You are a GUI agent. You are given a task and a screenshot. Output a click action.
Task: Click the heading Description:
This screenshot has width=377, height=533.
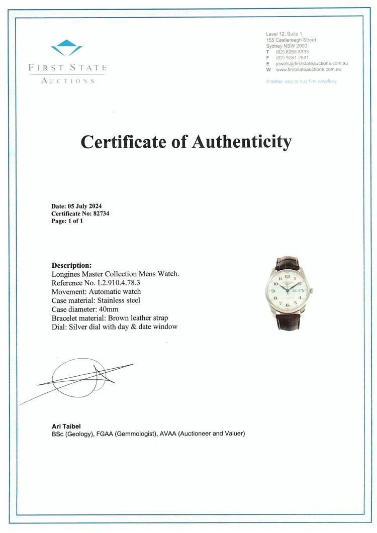72,265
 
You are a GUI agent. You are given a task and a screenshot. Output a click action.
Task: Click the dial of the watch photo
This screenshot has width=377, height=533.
287,291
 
